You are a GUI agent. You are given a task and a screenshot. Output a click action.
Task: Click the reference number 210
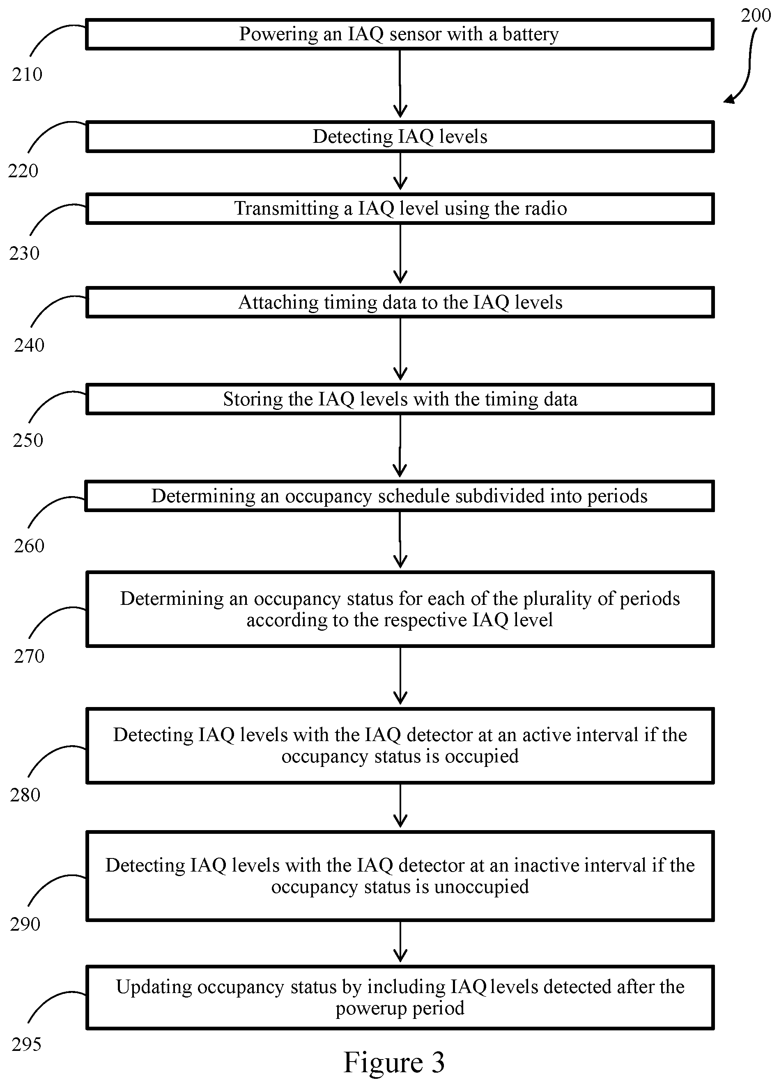pos(28,75)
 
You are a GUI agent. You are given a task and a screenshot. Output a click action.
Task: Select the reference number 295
pos(27,1044)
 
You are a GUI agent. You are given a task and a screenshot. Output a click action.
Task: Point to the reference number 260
pos(29,545)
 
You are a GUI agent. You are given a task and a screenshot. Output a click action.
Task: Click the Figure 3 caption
pos(394,1062)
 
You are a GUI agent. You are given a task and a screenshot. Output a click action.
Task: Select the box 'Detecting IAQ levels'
pos(400,137)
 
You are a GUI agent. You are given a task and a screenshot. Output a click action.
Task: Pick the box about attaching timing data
pos(400,302)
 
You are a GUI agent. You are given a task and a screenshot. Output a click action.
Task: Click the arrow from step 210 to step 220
pos(400,83)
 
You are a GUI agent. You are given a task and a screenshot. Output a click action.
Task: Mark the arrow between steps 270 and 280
pos(400,676)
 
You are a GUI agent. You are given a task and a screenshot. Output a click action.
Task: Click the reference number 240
pos(29,345)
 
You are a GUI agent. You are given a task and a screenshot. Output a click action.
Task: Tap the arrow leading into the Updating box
pos(400,941)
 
